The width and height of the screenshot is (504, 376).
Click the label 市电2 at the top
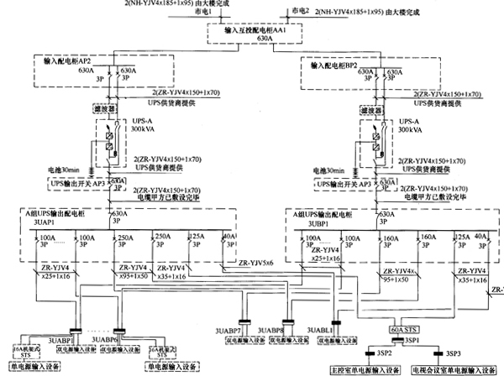(x=295, y=11)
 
